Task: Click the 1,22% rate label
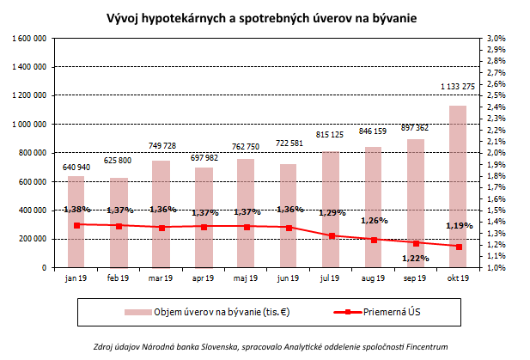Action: [x=415, y=258]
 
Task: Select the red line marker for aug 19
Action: [x=373, y=240]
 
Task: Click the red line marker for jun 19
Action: [x=288, y=228]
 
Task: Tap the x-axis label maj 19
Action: [x=246, y=279]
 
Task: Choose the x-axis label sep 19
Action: [x=415, y=279]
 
